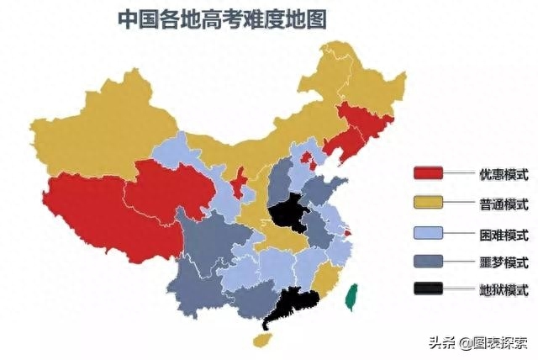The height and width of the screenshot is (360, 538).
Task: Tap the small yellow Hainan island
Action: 263,340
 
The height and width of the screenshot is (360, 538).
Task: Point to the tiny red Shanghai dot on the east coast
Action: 347,222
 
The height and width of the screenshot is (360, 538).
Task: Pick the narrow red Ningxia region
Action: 238,184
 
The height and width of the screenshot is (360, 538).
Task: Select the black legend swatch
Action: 429,290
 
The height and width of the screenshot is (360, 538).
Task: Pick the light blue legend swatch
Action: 429,232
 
